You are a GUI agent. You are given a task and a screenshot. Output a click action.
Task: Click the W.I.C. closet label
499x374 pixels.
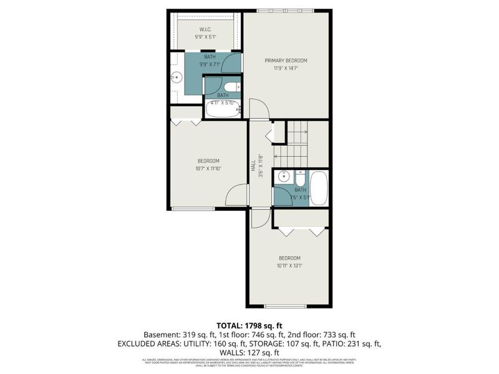[206, 29]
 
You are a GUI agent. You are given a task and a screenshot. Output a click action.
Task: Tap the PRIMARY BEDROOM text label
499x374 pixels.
[286, 60]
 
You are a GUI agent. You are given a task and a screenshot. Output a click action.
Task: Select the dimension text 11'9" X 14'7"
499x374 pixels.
[286, 69]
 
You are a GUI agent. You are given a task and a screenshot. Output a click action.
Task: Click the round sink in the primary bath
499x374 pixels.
[177, 79]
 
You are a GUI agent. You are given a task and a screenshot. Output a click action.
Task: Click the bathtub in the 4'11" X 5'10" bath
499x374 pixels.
[223, 110]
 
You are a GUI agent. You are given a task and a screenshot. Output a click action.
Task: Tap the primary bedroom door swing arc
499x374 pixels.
[259, 108]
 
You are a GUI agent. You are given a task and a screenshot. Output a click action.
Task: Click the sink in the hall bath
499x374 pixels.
[283, 176]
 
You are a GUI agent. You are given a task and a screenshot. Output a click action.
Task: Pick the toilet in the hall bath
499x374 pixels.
[300, 176]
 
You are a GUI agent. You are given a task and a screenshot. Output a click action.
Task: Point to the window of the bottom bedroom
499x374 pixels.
[285, 306]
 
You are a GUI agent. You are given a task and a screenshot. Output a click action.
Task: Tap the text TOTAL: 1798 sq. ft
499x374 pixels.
[249, 325]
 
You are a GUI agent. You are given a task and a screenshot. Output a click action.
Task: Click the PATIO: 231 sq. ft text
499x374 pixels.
[351, 343]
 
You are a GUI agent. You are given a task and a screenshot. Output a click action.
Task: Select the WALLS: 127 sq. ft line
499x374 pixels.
[249, 352]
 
